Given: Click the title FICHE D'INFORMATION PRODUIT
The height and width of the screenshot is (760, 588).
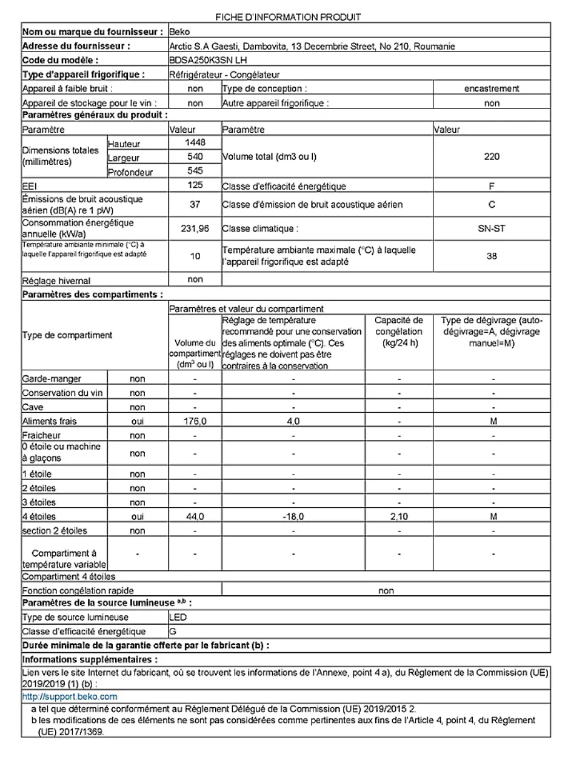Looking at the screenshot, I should coord(288,17).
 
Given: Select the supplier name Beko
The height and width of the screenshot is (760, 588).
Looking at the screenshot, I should coord(180,32).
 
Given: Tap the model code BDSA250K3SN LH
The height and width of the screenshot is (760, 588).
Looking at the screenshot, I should coord(209,60).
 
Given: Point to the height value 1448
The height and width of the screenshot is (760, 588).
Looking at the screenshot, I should coord(195,142).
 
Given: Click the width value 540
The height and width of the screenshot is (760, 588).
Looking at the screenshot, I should coord(195,156).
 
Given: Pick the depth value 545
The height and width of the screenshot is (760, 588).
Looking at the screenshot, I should coord(195,171).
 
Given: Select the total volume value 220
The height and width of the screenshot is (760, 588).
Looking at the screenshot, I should coord(492,156).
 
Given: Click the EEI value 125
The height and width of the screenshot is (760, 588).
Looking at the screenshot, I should coord(195,185).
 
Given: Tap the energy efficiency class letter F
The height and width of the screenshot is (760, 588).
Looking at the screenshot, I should coord(492,186).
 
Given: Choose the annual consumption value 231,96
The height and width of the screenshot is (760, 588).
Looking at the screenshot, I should coord(195,228).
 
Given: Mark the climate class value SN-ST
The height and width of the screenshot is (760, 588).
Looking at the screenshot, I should coord(492,228).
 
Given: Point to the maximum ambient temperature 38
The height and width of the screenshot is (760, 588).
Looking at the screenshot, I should coord(492,256).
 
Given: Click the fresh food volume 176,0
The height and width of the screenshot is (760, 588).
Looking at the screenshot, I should coord(195,421).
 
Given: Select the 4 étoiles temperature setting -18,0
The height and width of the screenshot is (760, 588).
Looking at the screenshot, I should coord(293,517).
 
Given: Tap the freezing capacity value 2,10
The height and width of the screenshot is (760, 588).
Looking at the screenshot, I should coord(399,517).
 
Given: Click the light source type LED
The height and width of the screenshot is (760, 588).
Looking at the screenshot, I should coord(178,618).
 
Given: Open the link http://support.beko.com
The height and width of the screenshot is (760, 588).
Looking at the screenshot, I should coord(70,697).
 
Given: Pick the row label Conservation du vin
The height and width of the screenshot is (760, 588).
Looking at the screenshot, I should coord(62,393).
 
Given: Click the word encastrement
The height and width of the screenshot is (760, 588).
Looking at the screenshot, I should coord(492,88).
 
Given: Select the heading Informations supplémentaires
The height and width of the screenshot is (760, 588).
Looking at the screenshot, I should coord(90,659).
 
